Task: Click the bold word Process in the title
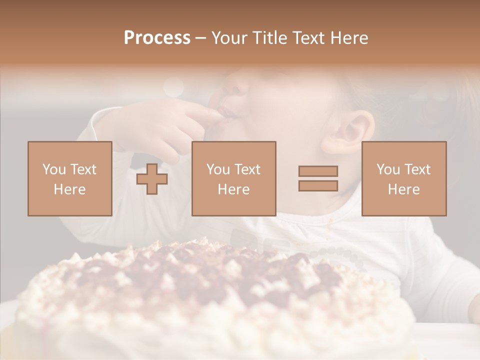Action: [x=157, y=38]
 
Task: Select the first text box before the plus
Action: [x=69, y=178]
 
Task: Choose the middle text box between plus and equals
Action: [x=233, y=178]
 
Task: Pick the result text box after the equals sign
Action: [x=403, y=178]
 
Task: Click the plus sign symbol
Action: [x=152, y=178]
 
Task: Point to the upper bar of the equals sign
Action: [x=318, y=171]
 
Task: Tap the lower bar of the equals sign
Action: [x=318, y=185]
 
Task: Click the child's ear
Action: [x=347, y=132]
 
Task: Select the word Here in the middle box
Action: [x=233, y=189]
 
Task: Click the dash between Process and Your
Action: [x=200, y=38]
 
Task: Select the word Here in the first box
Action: [x=69, y=189]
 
